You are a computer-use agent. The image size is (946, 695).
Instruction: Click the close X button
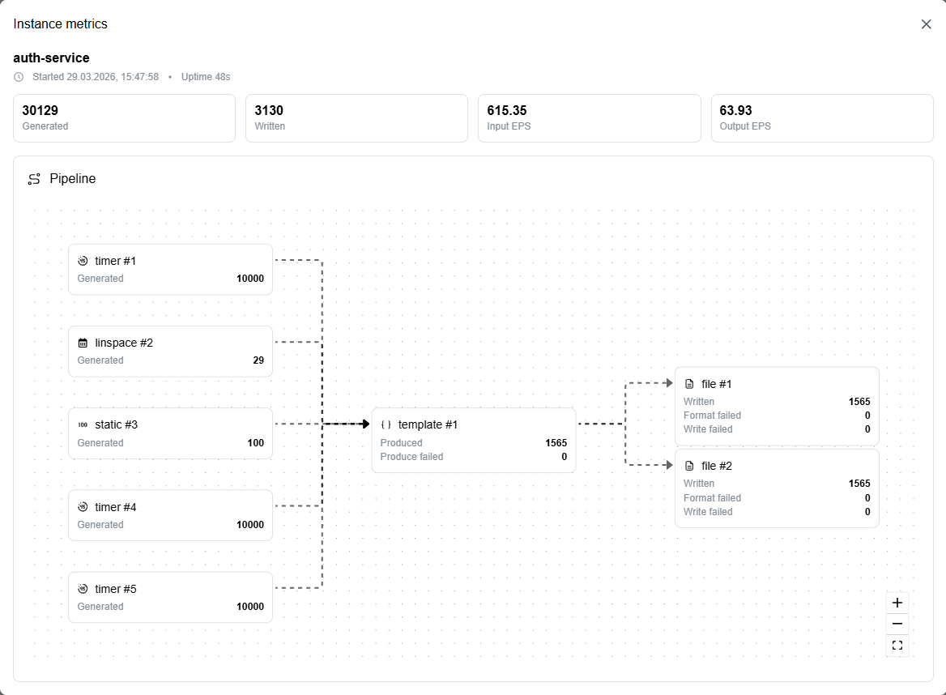pyautogui.click(x=926, y=24)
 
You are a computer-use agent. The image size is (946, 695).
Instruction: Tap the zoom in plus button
pyautogui.click(x=897, y=603)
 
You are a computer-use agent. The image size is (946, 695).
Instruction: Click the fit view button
pyautogui.click(x=897, y=645)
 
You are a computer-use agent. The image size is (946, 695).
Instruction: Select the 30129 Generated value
pyautogui.click(x=40, y=110)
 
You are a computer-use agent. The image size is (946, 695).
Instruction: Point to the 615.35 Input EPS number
pyautogui.click(x=507, y=110)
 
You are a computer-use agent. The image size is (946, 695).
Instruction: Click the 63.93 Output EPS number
pyautogui.click(x=735, y=110)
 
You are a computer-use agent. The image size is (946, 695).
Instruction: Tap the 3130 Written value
pyautogui.click(x=268, y=110)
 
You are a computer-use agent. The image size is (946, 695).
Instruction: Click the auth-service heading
pyautogui.click(x=51, y=58)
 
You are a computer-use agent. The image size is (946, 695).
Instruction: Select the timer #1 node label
pyautogui.click(x=115, y=261)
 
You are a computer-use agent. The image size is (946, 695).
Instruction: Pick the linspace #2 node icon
pyautogui.click(x=83, y=343)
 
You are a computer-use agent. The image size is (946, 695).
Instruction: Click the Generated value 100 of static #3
pyautogui.click(x=256, y=443)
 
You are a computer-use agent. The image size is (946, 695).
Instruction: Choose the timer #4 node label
pyautogui.click(x=115, y=507)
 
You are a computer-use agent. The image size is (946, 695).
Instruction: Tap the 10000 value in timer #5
pyautogui.click(x=250, y=607)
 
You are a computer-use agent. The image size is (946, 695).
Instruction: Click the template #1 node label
pyautogui.click(x=428, y=424)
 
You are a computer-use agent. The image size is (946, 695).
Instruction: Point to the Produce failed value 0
pyautogui.click(x=564, y=457)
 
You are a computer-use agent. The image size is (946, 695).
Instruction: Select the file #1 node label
pyautogui.click(x=716, y=384)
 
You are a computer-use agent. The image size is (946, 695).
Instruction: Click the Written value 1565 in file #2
pyautogui.click(x=859, y=484)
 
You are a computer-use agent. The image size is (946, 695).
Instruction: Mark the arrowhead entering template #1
pyautogui.click(x=365, y=424)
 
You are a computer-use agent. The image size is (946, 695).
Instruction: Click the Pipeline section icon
pyautogui.click(x=34, y=178)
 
